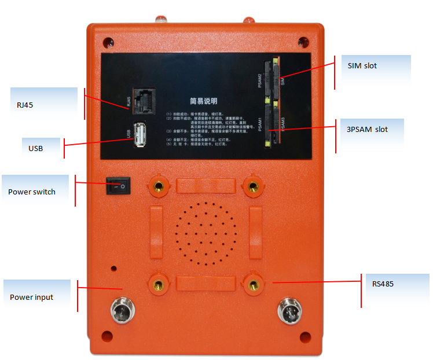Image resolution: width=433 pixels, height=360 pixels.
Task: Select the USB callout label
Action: click(x=35, y=148)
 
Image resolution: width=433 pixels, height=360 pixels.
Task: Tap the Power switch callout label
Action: click(x=32, y=192)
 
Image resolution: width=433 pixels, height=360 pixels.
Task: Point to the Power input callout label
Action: click(x=31, y=297)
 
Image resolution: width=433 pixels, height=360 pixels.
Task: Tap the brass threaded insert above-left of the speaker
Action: click(x=158, y=186)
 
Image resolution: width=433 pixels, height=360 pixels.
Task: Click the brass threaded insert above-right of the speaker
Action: click(x=252, y=186)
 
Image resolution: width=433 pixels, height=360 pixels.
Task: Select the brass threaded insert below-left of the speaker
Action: click(x=158, y=283)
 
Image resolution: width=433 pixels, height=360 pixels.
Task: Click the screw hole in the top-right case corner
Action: click(x=302, y=42)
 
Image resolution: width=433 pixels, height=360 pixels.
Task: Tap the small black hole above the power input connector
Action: click(x=115, y=269)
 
